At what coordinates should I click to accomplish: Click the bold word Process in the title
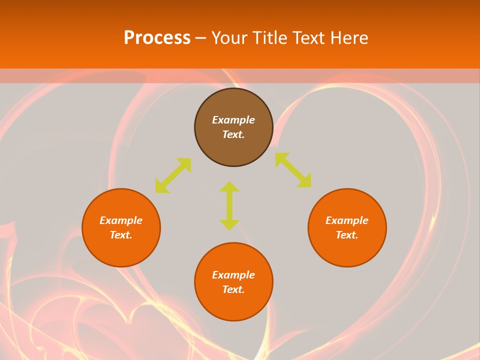click(157, 38)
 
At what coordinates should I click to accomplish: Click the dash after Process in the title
click(200, 39)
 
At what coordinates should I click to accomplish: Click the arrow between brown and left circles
click(173, 175)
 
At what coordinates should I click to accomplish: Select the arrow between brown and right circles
click(293, 170)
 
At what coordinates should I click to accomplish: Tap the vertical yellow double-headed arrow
click(229, 205)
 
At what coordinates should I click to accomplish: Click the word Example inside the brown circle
click(233, 120)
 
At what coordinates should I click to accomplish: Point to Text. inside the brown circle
click(233, 134)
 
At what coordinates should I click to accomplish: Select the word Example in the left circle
click(121, 220)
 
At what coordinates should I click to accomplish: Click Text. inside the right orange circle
click(347, 235)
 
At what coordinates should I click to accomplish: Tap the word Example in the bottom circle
click(233, 275)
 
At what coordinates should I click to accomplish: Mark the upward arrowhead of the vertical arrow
click(229, 186)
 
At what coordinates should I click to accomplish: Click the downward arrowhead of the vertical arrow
click(229, 224)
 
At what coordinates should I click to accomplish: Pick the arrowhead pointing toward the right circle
click(304, 181)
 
